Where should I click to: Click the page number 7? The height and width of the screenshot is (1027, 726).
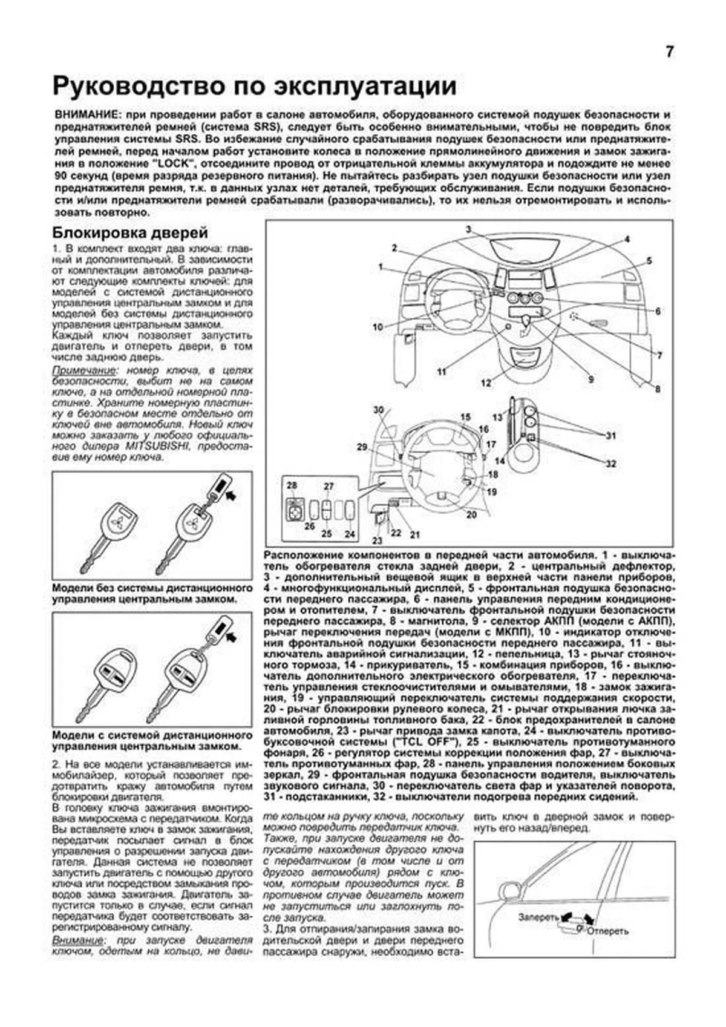point(669,52)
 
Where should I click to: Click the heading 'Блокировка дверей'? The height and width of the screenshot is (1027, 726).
point(130,232)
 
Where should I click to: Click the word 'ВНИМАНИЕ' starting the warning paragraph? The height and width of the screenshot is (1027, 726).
point(82,115)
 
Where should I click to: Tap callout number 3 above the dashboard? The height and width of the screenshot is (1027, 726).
point(468,229)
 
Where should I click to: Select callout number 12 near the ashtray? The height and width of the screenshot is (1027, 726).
point(486,383)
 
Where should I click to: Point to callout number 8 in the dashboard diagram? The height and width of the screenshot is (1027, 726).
point(658,389)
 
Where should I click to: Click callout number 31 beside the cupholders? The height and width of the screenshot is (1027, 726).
point(611,436)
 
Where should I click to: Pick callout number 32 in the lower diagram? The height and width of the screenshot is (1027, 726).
point(611,464)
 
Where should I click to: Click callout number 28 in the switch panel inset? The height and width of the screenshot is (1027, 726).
point(292,485)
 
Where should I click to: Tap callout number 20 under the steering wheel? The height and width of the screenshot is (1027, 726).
point(471,514)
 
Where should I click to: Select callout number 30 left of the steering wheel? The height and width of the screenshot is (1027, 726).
point(378,410)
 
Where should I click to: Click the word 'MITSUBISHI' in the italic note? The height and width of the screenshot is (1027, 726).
point(157,446)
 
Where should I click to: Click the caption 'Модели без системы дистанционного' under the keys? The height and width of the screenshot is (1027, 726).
point(152,588)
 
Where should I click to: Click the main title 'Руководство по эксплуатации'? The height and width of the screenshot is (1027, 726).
point(254,86)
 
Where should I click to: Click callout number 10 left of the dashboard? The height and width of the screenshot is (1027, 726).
point(378,327)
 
